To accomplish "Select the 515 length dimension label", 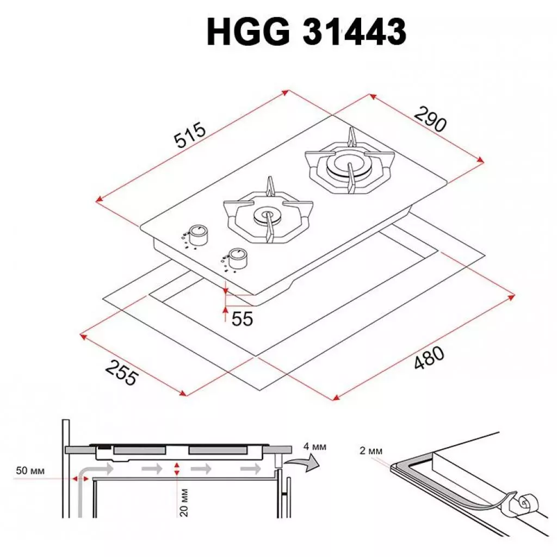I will (x=190, y=136).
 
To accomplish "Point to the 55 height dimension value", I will (x=242, y=319).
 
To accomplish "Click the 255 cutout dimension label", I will (x=121, y=373).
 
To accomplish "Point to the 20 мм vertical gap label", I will (x=184, y=501).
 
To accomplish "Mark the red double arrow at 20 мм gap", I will (x=177, y=469).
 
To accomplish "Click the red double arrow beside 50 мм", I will (x=78, y=478).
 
